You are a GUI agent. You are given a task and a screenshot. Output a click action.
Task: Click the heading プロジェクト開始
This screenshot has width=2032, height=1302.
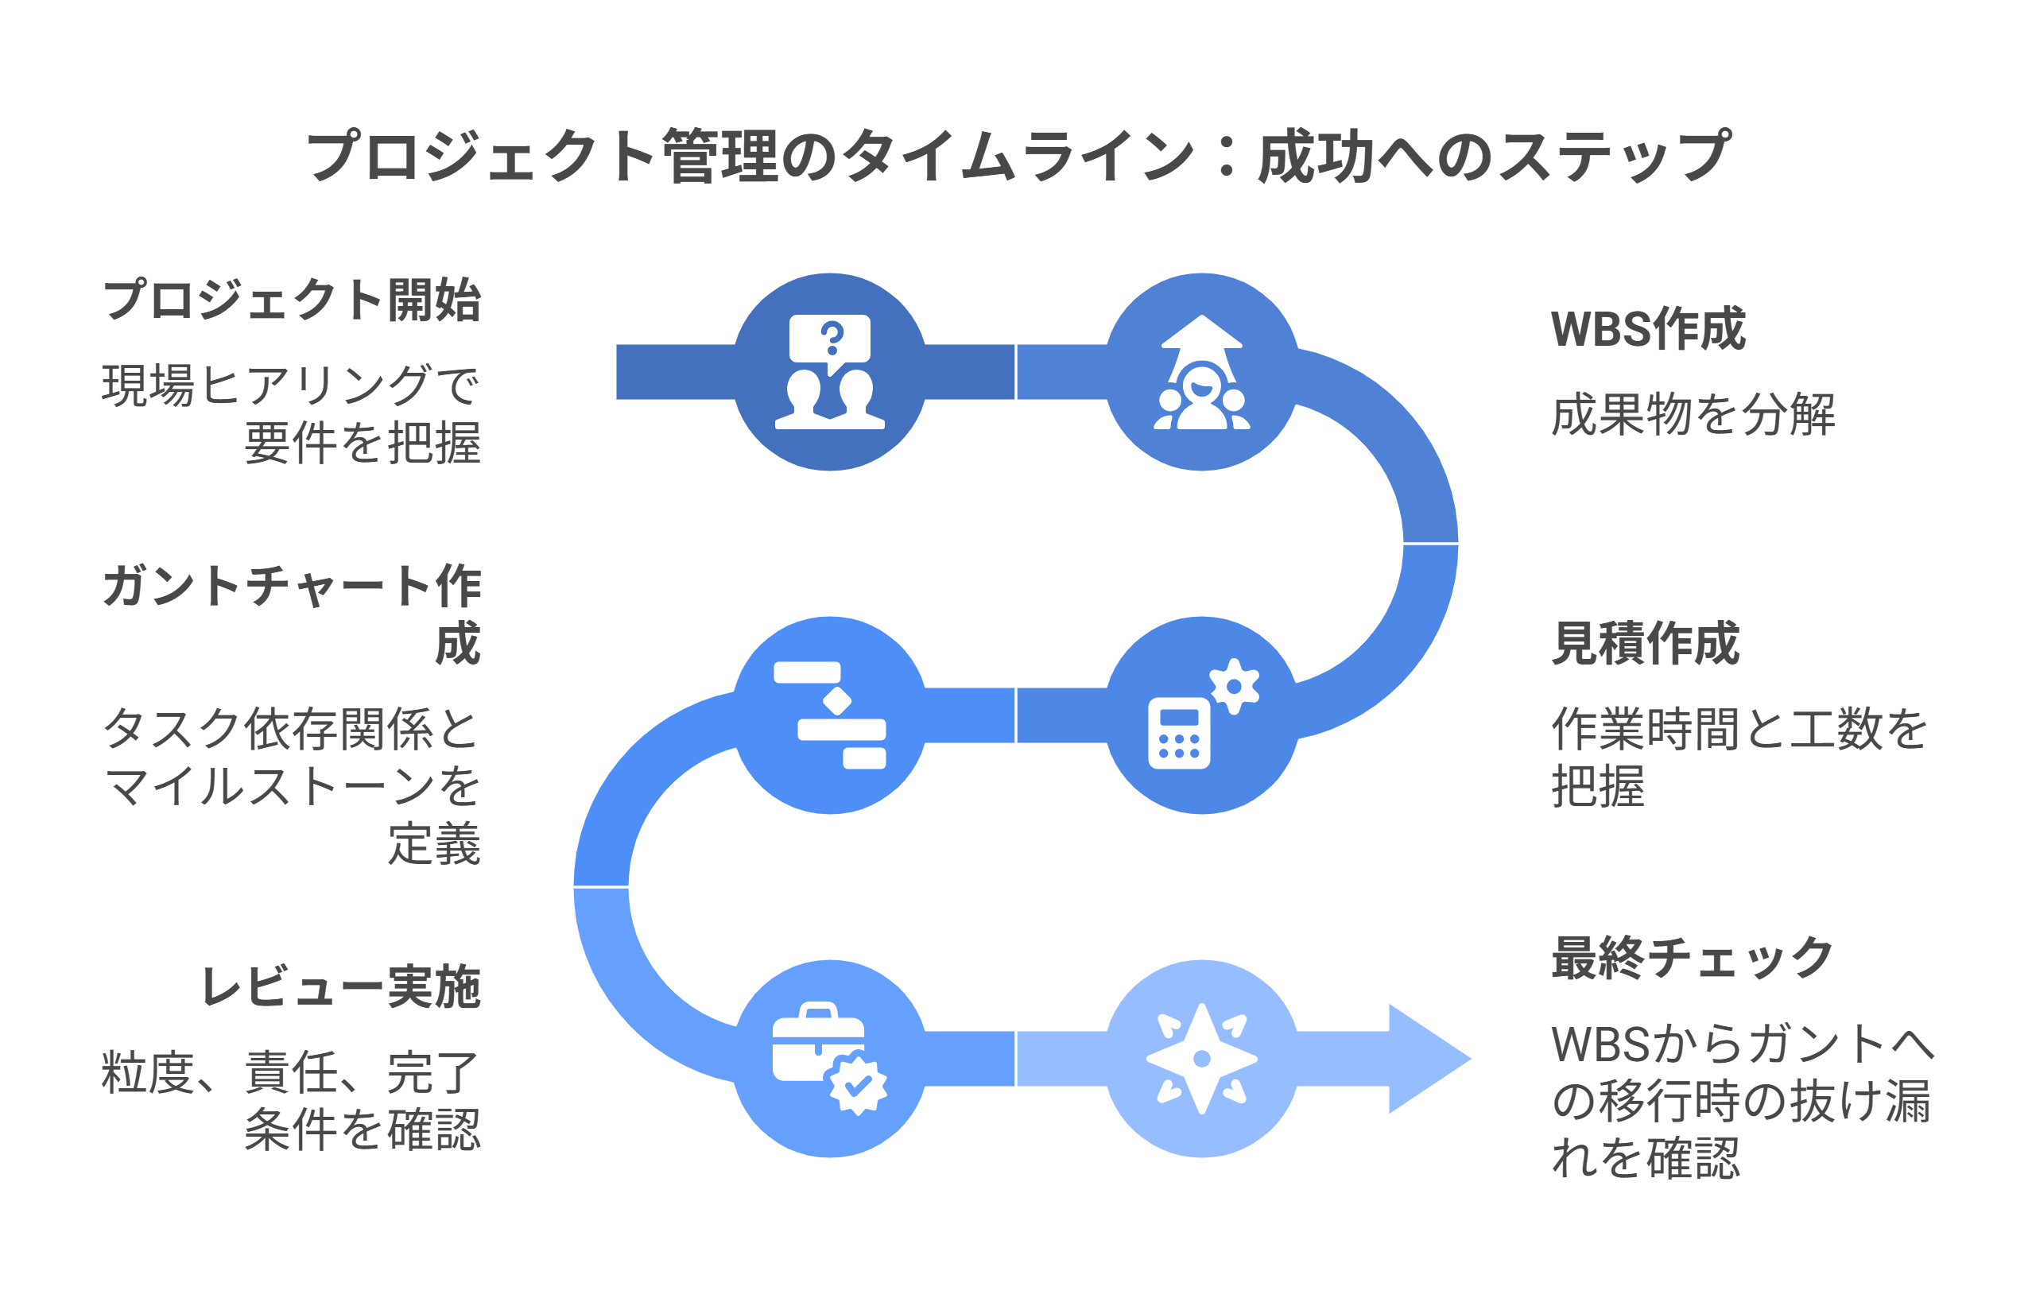pos(291,300)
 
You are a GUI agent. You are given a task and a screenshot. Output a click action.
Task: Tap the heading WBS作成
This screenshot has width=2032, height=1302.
pos(1646,329)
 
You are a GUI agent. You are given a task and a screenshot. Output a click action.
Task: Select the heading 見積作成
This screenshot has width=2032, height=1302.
pos(1645,643)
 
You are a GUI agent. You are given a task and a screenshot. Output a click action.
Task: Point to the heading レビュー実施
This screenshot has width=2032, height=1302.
pos(341,986)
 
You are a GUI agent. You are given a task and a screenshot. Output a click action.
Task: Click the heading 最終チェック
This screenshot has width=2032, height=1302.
pos(1691,958)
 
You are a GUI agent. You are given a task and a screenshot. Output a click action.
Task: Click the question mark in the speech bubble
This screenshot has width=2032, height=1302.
pos(832,337)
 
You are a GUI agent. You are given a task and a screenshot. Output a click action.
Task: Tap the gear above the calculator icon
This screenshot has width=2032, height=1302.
pos(1234,686)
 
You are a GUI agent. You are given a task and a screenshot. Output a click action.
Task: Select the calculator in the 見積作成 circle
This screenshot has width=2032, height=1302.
pos(1178,733)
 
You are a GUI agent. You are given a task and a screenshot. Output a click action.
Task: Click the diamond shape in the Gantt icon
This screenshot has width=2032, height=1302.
pos(836,701)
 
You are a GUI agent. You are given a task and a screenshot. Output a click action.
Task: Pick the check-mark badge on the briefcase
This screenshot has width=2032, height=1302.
pos(858,1084)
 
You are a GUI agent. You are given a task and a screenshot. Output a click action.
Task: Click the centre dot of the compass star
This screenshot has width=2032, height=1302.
pos(1200,1059)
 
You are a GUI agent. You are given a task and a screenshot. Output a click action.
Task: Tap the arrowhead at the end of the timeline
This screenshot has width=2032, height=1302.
pos(1429,1059)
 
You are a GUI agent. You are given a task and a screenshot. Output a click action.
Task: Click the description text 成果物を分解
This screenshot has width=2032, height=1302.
pos(1692,415)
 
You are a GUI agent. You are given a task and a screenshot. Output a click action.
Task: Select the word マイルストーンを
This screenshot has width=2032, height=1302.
pos(291,787)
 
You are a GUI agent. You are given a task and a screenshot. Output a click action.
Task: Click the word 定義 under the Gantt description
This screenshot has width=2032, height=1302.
pos(434,845)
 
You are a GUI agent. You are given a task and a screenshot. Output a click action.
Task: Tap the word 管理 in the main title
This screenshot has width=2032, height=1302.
pos(719,157)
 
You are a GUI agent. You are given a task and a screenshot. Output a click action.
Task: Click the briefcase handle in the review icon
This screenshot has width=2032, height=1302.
pos(818,1010)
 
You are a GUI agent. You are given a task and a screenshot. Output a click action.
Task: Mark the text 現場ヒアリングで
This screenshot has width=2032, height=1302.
pos(291,386)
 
